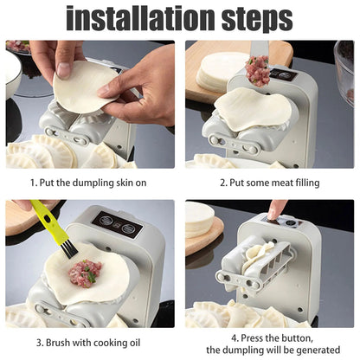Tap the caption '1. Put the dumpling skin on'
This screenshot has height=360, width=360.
(90, 183)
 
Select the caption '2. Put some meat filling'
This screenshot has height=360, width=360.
(269, 183)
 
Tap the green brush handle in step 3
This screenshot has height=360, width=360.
(47, 222)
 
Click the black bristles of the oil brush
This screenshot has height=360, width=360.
(68, 249)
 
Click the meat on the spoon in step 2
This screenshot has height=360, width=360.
(257, 70)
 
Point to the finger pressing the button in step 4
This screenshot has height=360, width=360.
(276, 209)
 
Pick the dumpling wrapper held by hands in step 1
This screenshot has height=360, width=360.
(86, 85)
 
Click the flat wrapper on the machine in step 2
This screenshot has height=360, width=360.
(253, 111)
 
